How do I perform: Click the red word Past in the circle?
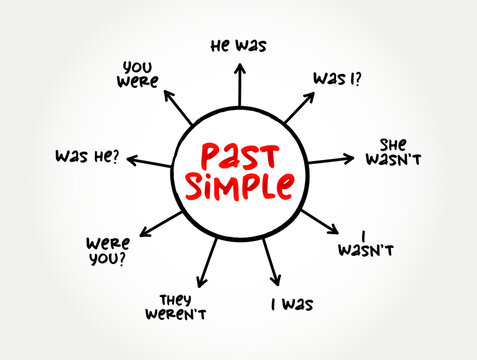pos(240,156)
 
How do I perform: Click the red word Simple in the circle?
pos(240,187)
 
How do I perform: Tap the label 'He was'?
pos(239,46)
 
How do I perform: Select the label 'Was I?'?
pos(337,79)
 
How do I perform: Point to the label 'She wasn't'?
pos(393,152)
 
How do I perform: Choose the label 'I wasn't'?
pos(366,244)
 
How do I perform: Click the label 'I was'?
pos(292,304)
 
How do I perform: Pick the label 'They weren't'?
pos(176,307)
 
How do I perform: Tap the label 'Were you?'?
pos(108,251)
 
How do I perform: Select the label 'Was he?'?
pos(87,156)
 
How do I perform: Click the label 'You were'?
pos(138,75)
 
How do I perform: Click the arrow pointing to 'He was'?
pos(240,85)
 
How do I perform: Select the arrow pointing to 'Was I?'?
pos(299,107)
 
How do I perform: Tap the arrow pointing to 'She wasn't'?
pos(331,160)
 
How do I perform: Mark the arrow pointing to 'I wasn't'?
pos(320,222)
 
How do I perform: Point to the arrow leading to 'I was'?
pos(271,262)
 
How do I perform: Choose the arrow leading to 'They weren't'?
pos(207,263)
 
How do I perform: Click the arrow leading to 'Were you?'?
pos(161,224)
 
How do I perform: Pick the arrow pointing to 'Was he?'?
pos(149,161)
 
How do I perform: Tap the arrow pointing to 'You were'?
pos(178,107)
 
